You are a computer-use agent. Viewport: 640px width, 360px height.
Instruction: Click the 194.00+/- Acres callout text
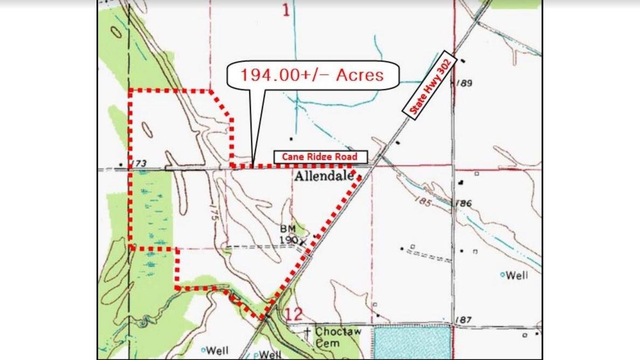point(312,74)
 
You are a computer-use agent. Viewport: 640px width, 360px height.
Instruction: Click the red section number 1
point(285,10)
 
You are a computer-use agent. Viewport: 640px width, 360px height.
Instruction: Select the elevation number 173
point(139,163)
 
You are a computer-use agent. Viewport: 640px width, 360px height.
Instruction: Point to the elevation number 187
point(463,320)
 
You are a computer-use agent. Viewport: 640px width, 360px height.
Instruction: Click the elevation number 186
point(463,204)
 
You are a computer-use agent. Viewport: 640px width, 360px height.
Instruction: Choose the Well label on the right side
point(517,275)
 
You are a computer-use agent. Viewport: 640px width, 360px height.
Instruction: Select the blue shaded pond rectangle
point(412,342)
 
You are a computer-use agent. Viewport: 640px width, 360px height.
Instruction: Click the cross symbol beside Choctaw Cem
point(307,331)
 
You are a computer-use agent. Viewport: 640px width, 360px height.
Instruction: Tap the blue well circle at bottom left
point(204,350)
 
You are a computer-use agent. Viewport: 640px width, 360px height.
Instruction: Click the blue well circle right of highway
point(502,275)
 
